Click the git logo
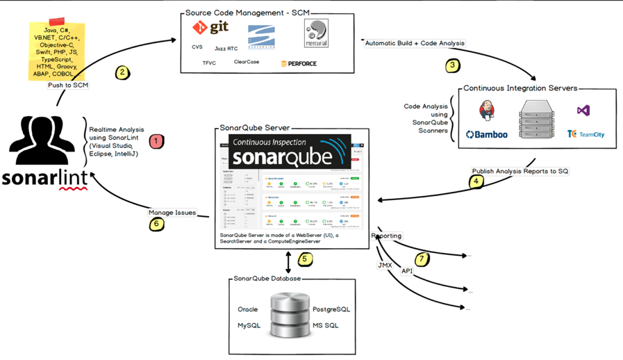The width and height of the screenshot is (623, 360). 210,28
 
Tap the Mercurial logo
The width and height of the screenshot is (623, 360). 317,33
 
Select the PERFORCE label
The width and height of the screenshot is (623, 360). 299,63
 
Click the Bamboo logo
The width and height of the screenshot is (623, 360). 486,134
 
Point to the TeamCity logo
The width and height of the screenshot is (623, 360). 585,134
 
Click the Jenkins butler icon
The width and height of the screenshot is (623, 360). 488,110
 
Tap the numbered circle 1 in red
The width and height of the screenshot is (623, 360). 156,141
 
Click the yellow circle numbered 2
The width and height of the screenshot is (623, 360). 122,72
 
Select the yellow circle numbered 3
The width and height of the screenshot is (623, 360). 453,66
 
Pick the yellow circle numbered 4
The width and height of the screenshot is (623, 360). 476,182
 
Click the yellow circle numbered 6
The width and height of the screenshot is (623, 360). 157,224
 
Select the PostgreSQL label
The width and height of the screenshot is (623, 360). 331,309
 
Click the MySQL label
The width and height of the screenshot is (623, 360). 249,325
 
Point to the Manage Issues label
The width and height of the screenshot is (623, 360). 172,213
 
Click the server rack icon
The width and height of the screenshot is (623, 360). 537,120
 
